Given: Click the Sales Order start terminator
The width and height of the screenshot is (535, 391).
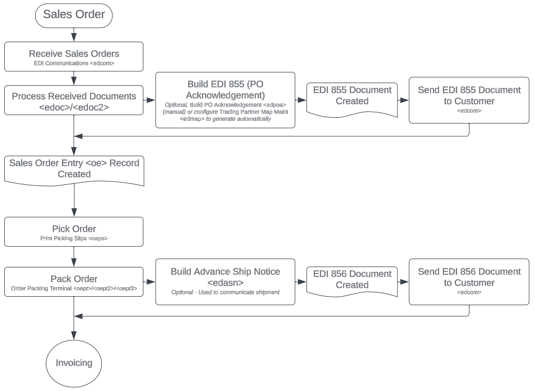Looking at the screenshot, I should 74,15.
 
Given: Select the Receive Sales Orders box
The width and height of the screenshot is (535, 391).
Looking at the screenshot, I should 74,56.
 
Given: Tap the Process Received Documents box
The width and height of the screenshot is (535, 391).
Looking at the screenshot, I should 74,100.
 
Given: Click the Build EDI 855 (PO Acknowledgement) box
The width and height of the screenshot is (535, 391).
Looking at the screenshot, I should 225,100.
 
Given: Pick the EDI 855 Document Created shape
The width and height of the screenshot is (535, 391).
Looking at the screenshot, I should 352,97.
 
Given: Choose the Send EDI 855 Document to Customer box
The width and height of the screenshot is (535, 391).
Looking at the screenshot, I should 469,100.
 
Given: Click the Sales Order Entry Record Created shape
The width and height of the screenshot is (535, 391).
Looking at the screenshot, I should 74,169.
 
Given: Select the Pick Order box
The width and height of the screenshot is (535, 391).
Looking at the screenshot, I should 74,232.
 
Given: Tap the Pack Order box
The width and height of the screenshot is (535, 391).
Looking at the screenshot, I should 74,282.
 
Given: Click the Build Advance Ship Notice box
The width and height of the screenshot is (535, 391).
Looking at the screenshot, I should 225,282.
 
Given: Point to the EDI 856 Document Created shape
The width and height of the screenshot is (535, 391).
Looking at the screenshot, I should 352,280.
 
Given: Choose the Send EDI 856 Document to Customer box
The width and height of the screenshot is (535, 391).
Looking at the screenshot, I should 469,282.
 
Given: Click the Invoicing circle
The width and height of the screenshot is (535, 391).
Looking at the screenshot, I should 74,363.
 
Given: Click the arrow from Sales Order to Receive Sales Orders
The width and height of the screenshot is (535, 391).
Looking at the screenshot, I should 74,34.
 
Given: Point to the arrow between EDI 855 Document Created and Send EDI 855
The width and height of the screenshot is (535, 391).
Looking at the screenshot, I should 403,100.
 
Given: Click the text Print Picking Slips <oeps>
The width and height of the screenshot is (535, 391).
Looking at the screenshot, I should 74,239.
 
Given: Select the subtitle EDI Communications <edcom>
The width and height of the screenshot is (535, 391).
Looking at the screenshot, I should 74,63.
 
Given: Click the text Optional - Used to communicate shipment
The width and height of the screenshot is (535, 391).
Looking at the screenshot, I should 225,292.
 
